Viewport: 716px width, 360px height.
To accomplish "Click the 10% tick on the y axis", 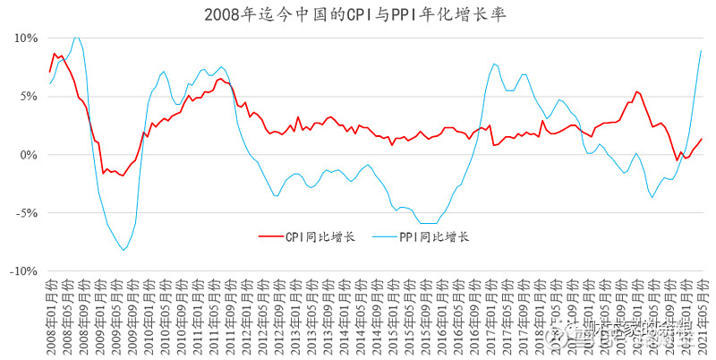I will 25,39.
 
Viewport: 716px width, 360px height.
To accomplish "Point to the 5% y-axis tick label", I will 28,97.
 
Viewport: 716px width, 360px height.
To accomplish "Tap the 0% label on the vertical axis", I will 28,155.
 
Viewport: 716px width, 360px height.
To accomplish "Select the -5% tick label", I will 26,213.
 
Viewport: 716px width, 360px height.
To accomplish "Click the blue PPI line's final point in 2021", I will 701,50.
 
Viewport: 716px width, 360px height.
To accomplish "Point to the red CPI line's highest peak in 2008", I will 55,54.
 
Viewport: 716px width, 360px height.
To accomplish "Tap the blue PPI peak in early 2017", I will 496,64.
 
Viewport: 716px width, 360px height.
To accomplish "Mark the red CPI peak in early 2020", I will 636,91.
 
